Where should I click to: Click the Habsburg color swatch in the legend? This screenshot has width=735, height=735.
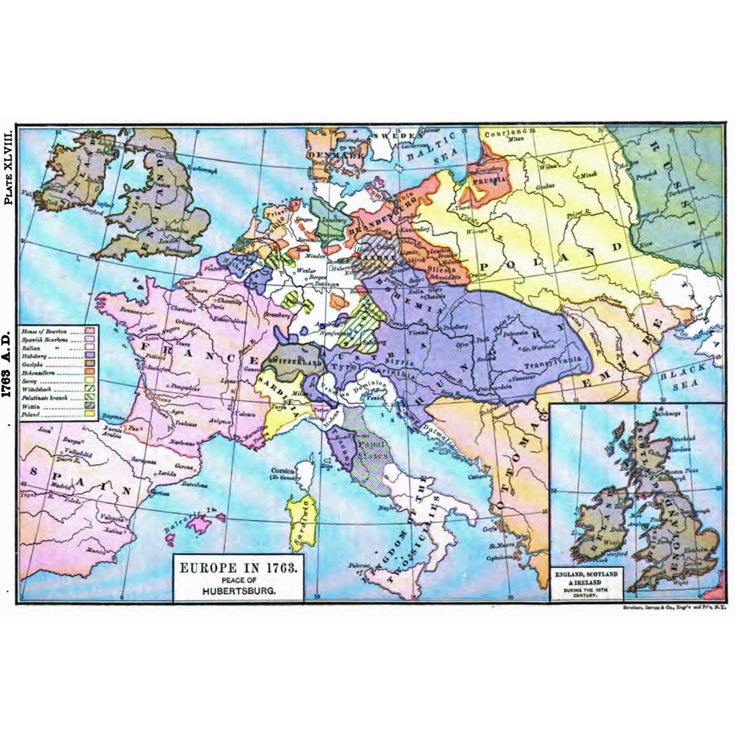pyautogui.click(x=90, y=355)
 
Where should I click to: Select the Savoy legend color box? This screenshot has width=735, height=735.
pyautogui.click(x=90, y=380)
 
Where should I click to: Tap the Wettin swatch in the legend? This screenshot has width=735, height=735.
pyautogui.click(x=90, y=405)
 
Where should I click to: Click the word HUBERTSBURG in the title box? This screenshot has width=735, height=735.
pyautogui.click(x=236, y=591)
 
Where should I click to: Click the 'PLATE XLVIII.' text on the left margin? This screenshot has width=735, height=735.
pyautogui.click(x=8, y=167)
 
